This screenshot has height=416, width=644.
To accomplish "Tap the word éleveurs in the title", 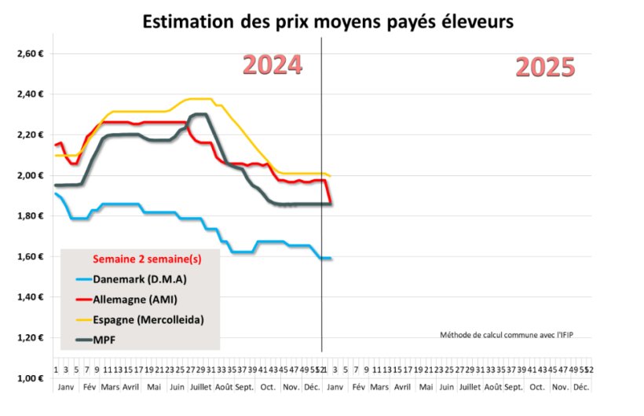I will (x=476, y=21).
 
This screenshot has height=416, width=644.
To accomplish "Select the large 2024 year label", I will (x=272, y=65).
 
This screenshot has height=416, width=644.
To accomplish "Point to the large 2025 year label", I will (x=545, y=68).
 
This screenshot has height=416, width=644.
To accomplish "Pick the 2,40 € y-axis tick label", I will (x=28, y=94).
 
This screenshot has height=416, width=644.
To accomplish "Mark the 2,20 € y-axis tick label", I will (x=28, y=134).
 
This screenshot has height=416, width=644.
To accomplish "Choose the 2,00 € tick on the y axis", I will (x=28, y=175).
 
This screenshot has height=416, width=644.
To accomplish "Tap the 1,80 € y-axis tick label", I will (x=28, y=216).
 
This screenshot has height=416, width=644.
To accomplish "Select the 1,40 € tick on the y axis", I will (x=28, y=297).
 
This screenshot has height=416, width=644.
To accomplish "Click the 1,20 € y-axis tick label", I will (x=28, y=338).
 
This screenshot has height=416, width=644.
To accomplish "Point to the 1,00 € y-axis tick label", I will (x=28, y=378).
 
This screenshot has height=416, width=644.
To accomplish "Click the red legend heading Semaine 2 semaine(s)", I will (x=142, y=259).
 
